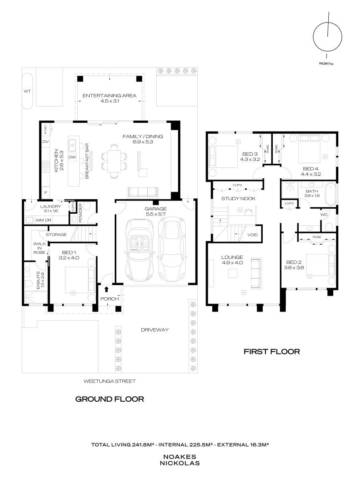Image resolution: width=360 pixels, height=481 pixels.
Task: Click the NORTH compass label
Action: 326,63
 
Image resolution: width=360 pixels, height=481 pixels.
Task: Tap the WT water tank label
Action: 27,91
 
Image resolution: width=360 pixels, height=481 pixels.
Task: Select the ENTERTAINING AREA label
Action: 109,96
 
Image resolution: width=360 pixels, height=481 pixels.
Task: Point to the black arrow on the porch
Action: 106,289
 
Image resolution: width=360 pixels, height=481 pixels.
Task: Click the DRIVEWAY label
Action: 155,330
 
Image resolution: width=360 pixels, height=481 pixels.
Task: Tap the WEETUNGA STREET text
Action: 109,381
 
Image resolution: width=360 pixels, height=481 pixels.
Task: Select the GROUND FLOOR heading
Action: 109,399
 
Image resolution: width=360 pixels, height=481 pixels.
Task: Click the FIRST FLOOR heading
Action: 272,352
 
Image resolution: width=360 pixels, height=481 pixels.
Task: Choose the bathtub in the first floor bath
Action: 330,194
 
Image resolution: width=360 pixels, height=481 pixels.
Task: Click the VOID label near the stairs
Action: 252,235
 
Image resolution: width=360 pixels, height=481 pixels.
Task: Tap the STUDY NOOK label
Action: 238,198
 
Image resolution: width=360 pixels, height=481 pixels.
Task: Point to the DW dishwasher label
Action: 72,157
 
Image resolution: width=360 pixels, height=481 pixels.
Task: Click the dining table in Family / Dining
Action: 113,161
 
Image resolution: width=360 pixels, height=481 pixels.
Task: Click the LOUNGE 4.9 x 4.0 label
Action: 232,260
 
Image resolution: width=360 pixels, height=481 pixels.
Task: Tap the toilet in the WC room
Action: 329,227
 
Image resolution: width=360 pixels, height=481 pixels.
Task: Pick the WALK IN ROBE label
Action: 40,248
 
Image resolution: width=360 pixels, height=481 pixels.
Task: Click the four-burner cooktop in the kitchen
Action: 45,167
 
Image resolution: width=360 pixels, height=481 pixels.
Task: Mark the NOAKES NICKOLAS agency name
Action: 179,460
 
